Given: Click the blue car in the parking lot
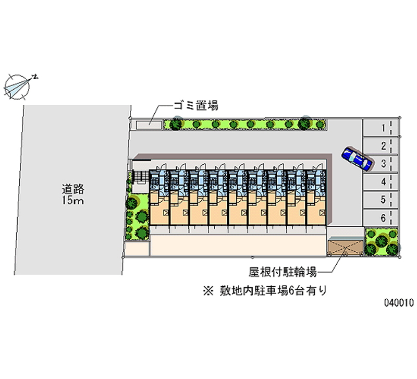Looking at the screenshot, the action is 357,158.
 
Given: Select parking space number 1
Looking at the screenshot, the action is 381,128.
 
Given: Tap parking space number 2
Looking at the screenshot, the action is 381,146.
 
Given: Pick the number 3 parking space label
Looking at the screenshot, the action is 383,164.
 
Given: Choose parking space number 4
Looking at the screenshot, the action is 381,181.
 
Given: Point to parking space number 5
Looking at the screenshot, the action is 381,200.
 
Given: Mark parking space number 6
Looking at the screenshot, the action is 381,218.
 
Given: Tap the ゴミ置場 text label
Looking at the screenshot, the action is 196,106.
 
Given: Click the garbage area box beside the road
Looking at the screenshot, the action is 149,125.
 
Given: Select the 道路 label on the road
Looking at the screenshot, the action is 73,189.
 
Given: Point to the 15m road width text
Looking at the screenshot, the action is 73,200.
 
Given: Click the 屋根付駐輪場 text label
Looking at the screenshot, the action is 283,272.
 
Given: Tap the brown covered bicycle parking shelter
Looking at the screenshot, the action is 346,247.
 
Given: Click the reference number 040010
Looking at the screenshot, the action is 399,302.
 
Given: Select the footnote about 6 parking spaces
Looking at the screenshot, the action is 265,291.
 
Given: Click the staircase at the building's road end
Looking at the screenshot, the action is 140,177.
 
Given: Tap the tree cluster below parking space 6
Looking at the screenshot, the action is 382,241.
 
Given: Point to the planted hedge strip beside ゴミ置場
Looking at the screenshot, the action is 244,124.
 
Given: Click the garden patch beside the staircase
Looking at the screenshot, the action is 137,216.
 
